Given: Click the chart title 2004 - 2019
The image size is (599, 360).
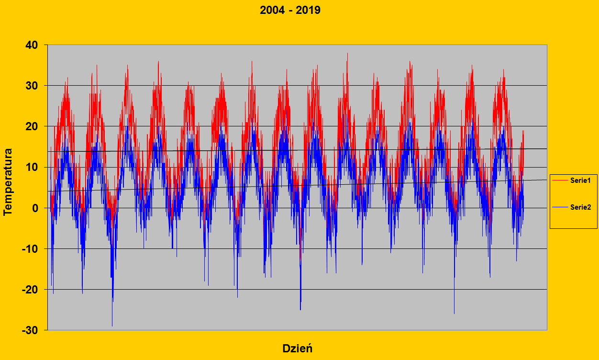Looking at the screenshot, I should (x=290, y=10).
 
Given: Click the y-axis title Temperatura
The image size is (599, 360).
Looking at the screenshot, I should (x=8, y=182).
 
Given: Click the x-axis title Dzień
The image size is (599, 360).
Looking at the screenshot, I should (x=297, y=348).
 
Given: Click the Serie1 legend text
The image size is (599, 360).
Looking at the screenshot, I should (x=580, y=180).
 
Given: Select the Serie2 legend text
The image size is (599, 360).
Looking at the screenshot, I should (x=580, y=207).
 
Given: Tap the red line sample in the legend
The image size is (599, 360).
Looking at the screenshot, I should (x=560, y=180).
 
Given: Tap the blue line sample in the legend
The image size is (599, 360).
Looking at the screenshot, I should (x=560, y=207).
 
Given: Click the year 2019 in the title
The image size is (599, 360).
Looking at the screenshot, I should (x=308, y=10).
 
